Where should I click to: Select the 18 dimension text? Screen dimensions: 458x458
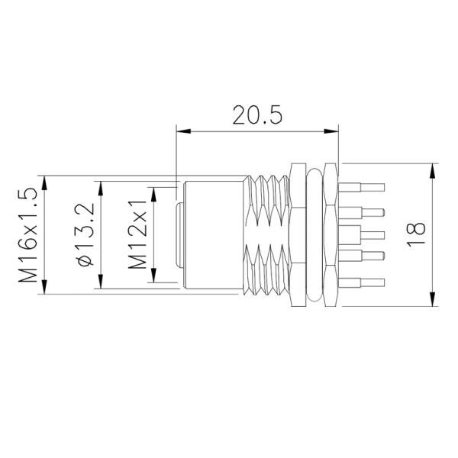[417, 234]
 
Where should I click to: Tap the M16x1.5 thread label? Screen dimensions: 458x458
[28, 236]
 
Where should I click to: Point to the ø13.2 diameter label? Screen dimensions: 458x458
[85, 235]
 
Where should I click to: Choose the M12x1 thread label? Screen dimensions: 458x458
[137, 235]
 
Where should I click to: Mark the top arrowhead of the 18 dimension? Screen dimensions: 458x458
[434, 168]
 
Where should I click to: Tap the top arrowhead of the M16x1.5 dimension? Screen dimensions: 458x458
[46, 182]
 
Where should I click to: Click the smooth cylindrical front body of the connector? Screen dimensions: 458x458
[214, 234]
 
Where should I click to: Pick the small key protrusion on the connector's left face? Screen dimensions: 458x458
[177, 234]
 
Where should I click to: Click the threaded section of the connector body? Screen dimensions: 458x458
[269, 234]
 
